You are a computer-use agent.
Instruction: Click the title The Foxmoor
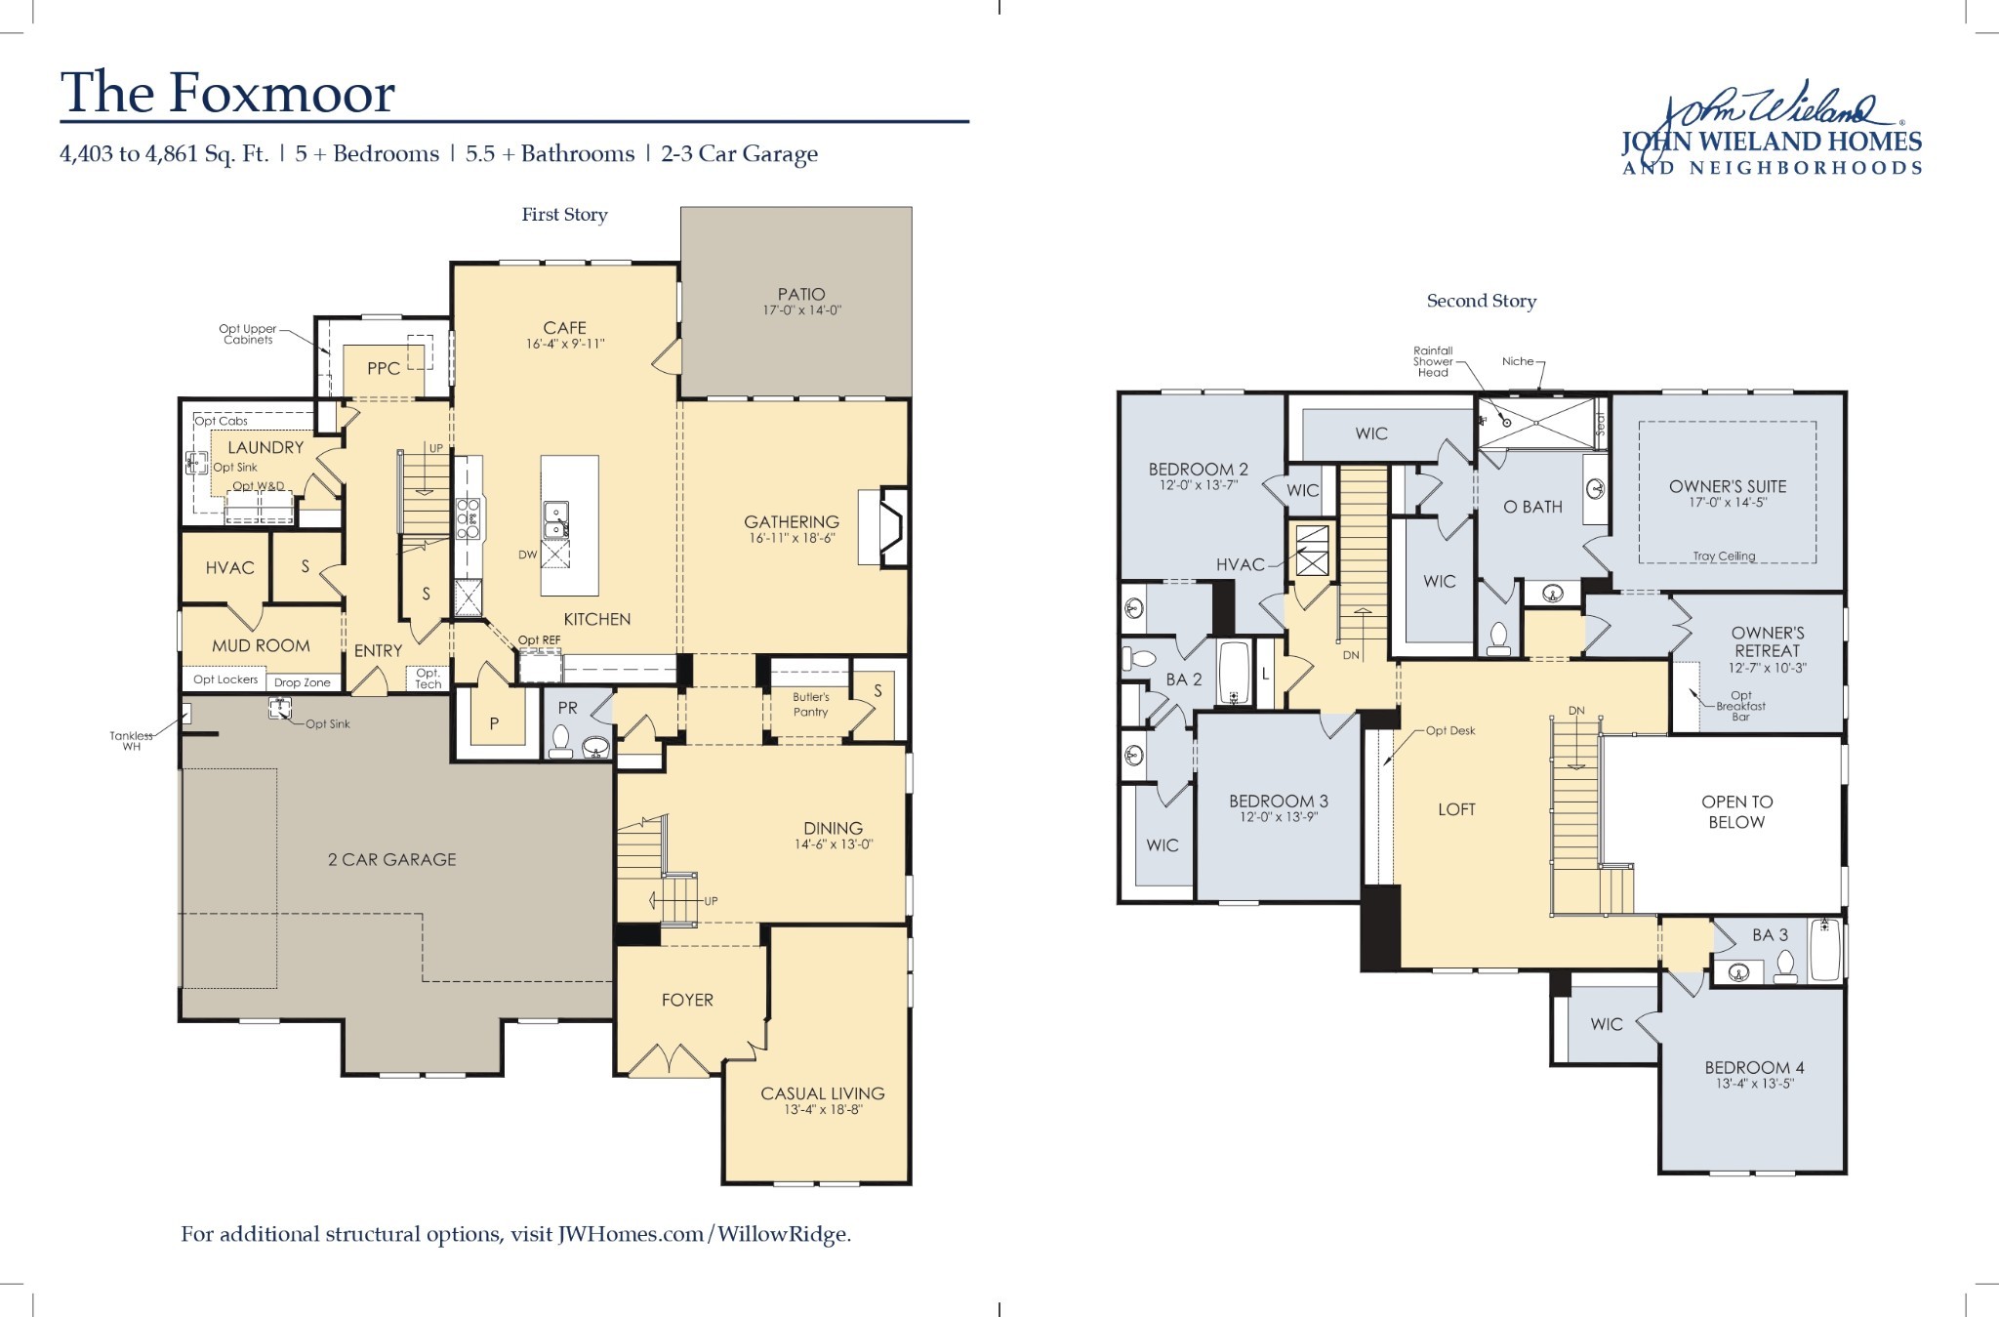pos(227,93)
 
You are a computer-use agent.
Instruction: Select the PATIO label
pos(801,294)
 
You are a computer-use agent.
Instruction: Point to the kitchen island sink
pos(555,519)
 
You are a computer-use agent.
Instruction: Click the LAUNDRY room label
pos(265,447)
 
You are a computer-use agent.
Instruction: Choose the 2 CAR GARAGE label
pos(391,859)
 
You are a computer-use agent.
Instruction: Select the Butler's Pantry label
pos(810,704)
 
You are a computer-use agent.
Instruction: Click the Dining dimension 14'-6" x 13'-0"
pos(833,844)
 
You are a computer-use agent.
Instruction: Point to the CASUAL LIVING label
pos(822,1093)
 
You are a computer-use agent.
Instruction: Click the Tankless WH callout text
pos(131,741)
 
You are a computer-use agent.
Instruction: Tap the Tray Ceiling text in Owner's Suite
pos(1724,556)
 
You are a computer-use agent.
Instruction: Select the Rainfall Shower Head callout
pos(1433,361)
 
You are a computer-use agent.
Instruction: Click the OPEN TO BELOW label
pos(1736,811)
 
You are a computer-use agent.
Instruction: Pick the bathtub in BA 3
pos(1824,950)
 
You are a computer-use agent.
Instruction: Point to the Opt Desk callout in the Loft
pos(1450,730)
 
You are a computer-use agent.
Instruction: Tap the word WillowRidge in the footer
pos(783,1234)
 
